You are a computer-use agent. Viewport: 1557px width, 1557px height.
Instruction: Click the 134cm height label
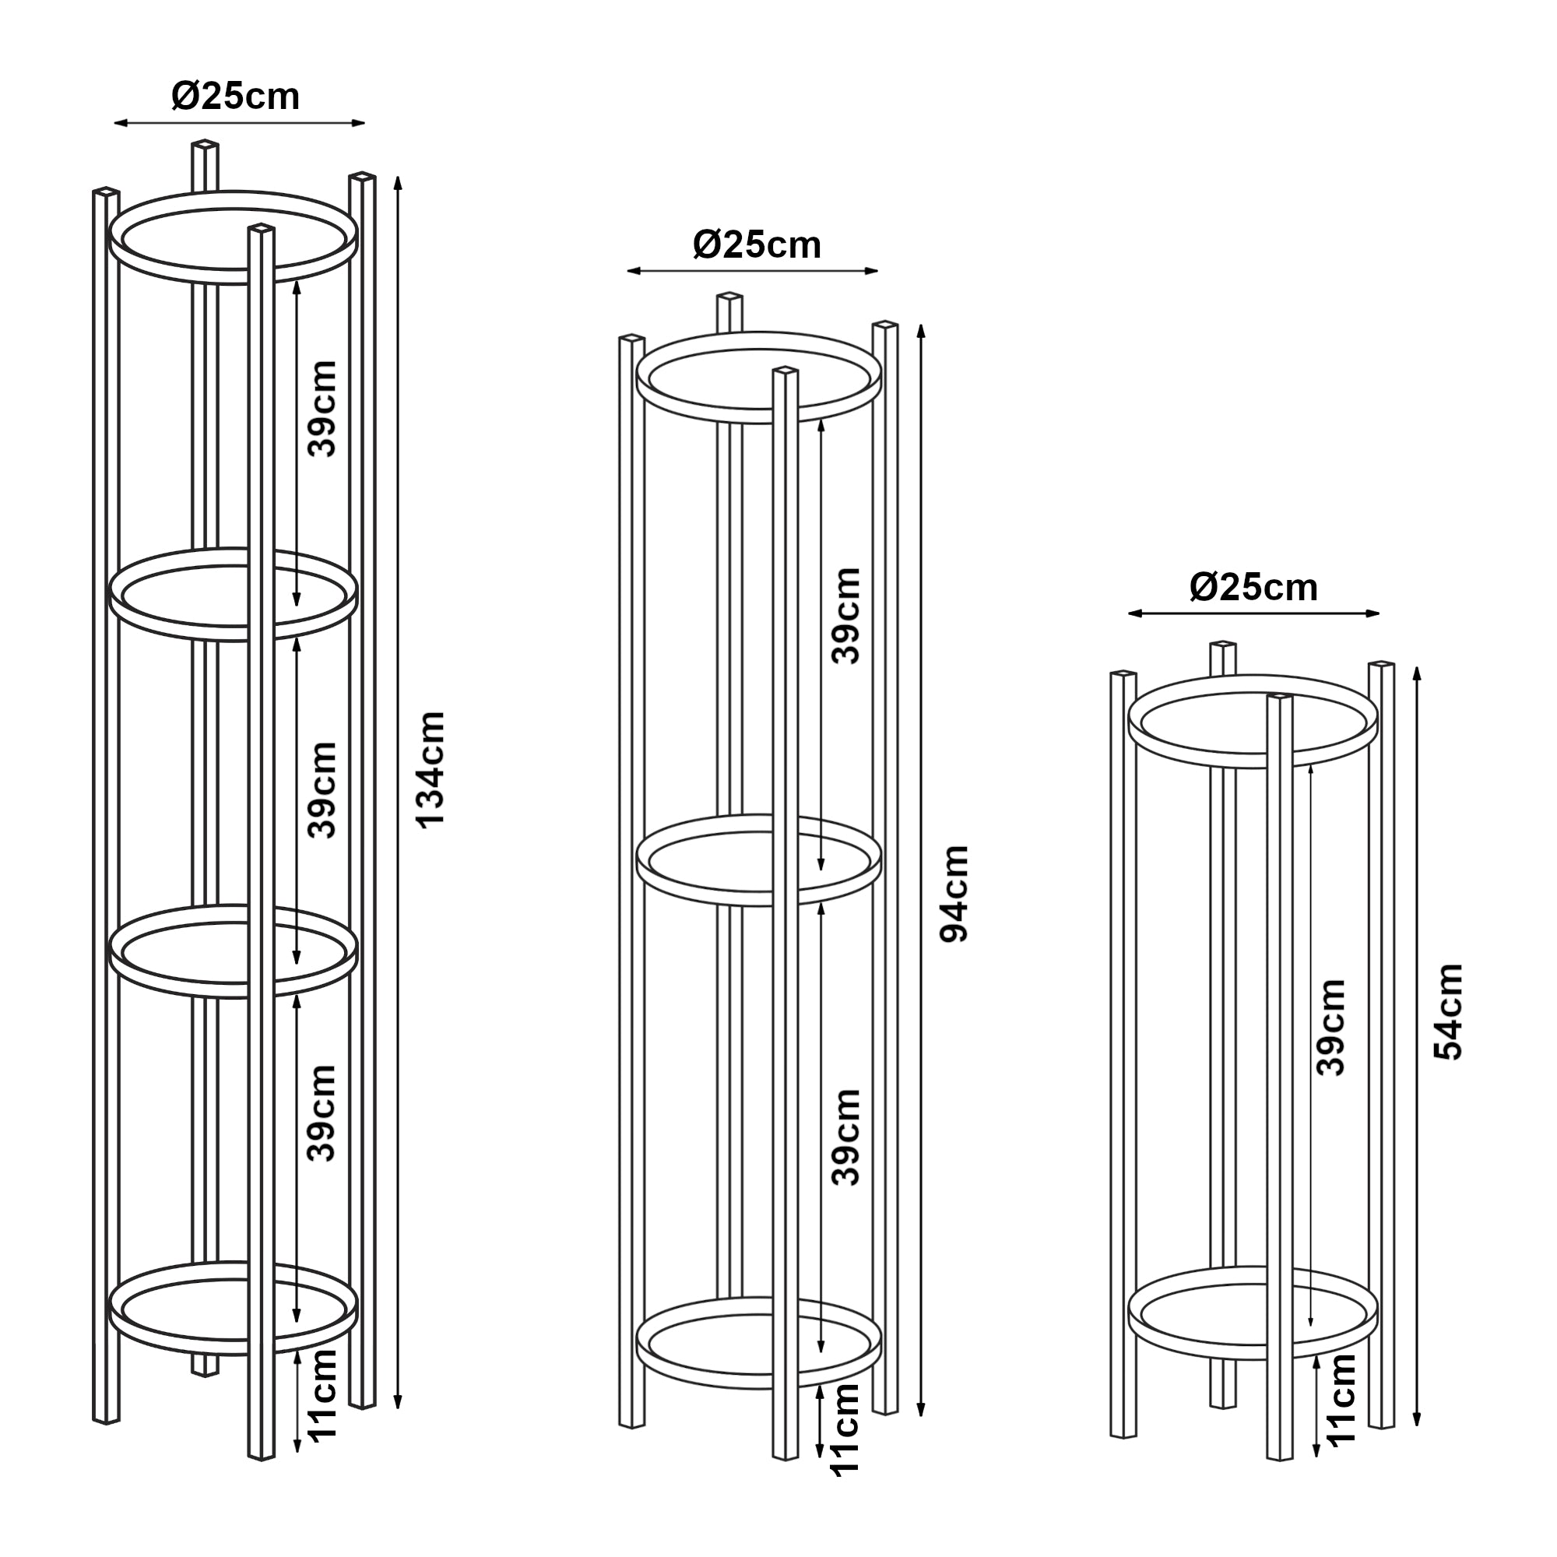(x=431, y=769)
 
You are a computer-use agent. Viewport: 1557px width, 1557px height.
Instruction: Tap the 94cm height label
(x=955, y=894)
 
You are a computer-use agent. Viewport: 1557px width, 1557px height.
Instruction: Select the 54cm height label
(x=1448, y=1011)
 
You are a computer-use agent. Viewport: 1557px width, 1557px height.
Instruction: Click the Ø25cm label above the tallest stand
(x=235, y=97)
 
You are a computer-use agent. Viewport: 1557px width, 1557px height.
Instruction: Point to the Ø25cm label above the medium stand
(x=757, y=245)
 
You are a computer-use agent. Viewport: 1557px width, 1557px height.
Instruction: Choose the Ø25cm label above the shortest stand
(x=1253, y=588)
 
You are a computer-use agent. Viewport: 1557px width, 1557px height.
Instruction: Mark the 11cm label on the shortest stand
(x=1342, y=1399)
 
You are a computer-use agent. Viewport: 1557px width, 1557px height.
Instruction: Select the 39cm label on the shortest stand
(x=1330, y=1028)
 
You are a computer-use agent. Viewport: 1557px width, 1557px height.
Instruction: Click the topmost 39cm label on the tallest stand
(x=322, y=409)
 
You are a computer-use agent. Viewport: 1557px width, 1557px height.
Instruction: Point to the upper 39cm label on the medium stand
(x=846, y=616)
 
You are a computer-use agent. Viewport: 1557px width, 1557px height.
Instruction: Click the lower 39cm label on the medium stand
(x=846, y=1137)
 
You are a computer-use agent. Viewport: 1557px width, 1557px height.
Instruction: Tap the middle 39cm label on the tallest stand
(x=322, y=791)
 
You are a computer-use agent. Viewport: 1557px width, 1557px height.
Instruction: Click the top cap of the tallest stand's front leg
(x=261, y=230)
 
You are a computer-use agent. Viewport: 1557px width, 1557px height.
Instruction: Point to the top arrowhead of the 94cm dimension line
(x=921, y=329)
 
